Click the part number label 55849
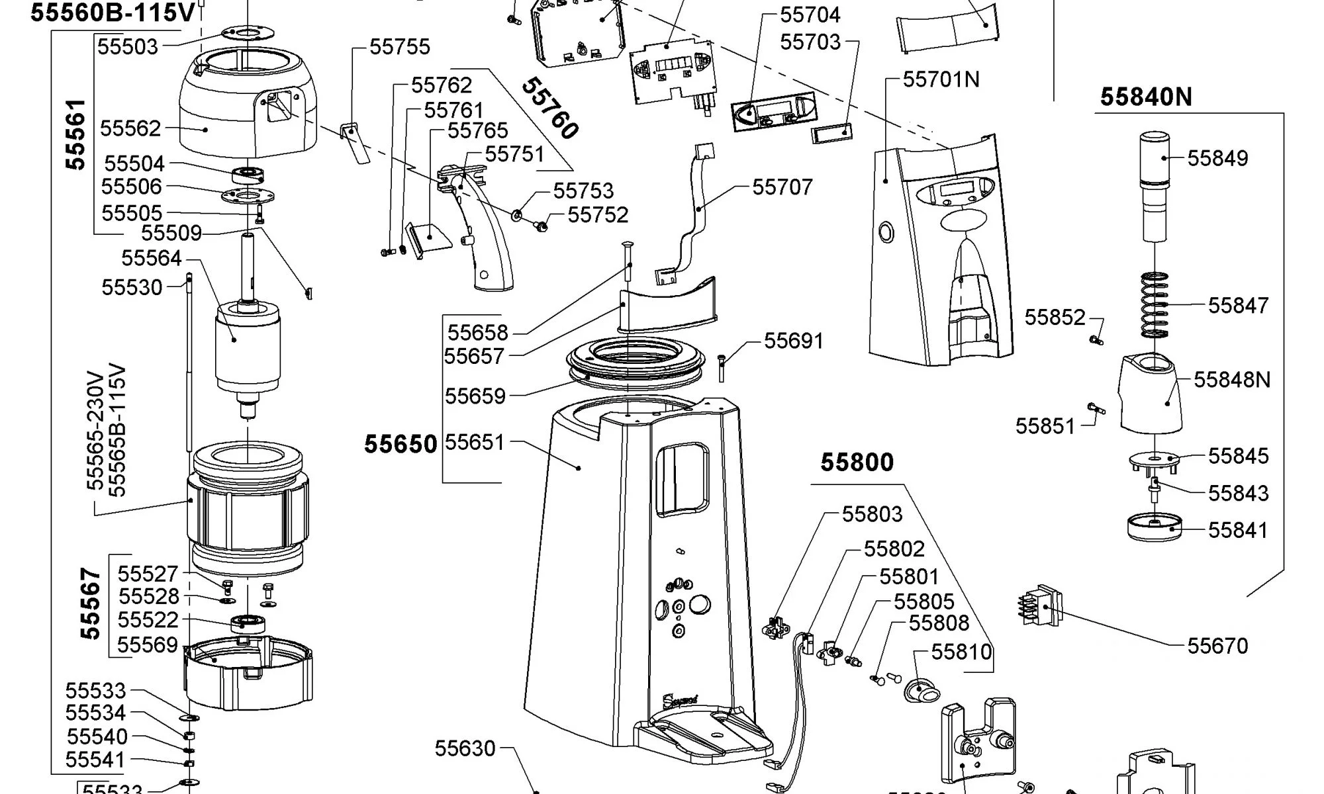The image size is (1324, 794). pos(1217,158)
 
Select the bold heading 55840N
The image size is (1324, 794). pos(1146,97)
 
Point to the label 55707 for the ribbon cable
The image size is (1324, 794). pos(782,187)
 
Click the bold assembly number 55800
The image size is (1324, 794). pos(857,462)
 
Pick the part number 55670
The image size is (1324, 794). pos(1217,646)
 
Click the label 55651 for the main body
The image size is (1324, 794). pos(474,442)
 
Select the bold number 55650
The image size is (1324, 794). pos(401,444)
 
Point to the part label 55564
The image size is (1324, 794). pos(152,258)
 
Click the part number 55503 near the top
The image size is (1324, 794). pos(128,47)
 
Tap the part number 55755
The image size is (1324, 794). pos(399,47)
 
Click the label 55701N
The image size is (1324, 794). pos(941,79)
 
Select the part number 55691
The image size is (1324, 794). pos(794,341)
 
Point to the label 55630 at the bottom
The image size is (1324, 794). pos(465,748)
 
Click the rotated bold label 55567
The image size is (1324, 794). pos(91,603)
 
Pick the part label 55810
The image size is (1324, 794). pos(961,652)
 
